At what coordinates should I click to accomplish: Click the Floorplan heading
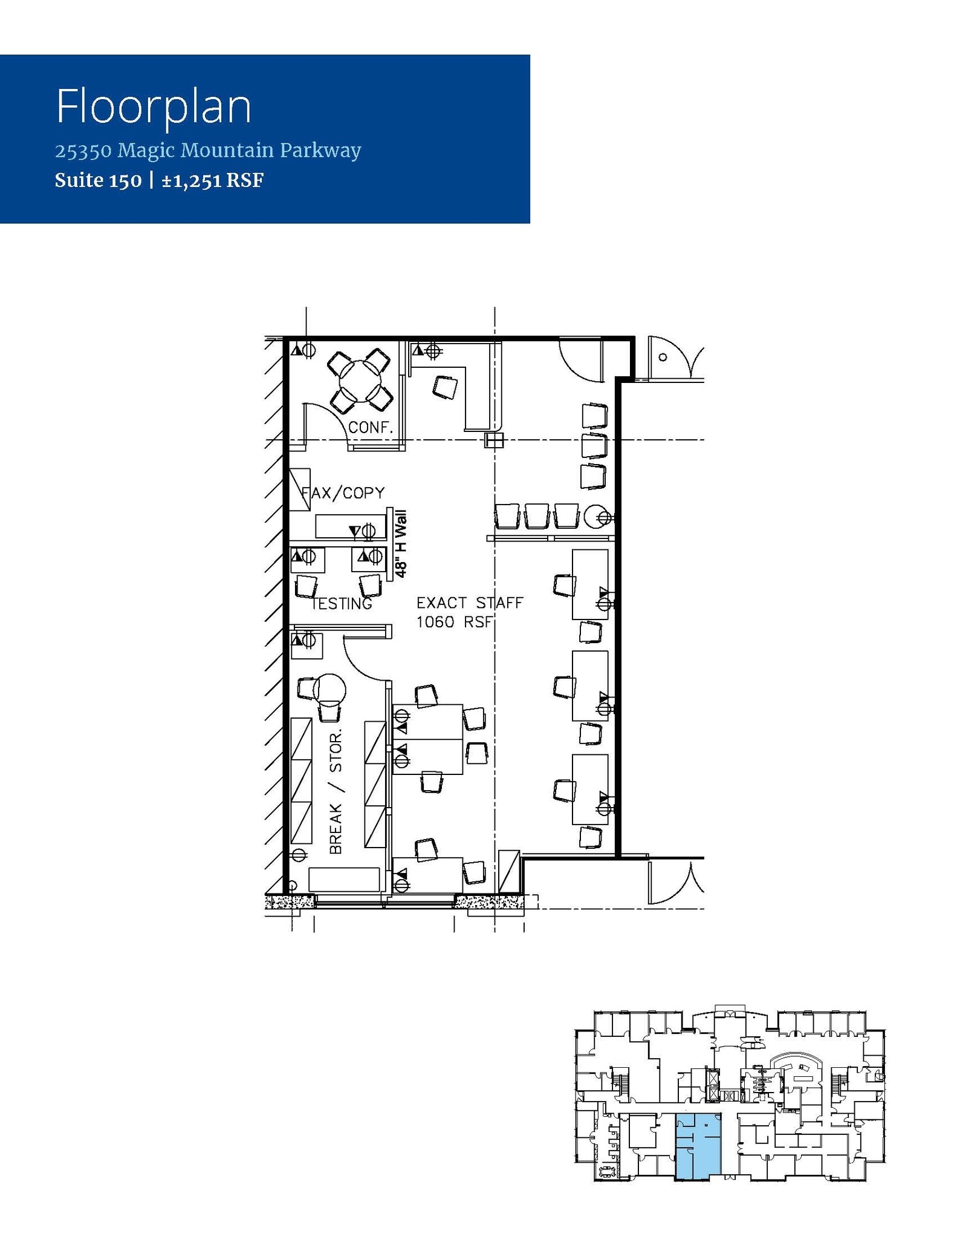pyautogui.click(x=154, y=106)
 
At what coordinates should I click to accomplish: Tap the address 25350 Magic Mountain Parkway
pyautogui.click(x=208, y=150)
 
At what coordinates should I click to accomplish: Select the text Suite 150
pyautogui.click(x=98, y=180)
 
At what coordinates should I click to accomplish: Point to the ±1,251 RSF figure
pyautogui.click(x=212, y=180)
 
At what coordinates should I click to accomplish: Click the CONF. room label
pyautogui.click(x=370, y=427)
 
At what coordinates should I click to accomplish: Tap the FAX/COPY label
pyautogui.click(x=343, y=493)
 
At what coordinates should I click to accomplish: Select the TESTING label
pyautogui.click(x=342, y=603)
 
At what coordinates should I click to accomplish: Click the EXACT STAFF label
pyautogui.click(x=469, y=603)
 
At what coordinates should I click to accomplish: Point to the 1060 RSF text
pyautogui.click(x=455, y=622)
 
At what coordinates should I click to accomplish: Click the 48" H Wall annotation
pyautogui.click(x=400, y=543)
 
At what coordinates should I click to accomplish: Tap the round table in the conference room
pyautogui.click(x=360, y=381)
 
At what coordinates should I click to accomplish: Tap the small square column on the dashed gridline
pyautogui.click(x=494, y=440)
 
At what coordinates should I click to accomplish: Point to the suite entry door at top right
pyautogui.click(x=580, y=361)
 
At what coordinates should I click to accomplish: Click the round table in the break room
pyautogui.click(x=330, y=689)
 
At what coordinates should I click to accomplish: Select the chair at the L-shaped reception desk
pyautogui.click(x=445, y=387)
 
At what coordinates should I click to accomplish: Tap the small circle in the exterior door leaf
pyautogui.click(x=663, y=357)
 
